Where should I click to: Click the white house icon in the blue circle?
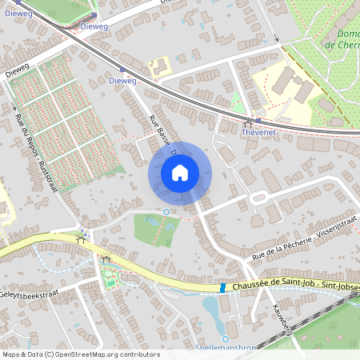[180, 173]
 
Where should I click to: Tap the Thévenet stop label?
[258, 134]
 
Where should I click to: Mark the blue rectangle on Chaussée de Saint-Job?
[222, 287]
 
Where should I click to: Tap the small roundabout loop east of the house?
[258, 198]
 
